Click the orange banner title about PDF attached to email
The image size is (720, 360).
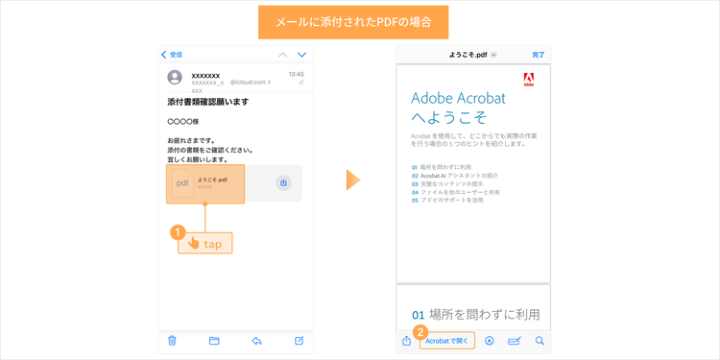[x=360, y=22]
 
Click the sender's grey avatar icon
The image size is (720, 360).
[x=176, y=78]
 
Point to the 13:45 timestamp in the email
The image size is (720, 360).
[x=297, y=74]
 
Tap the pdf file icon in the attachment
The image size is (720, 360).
[x=182, y=183]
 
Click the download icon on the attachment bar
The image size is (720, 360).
[x=284, y=182]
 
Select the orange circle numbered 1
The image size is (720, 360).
[x=177, y=231]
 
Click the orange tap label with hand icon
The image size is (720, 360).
[x=205, y=244]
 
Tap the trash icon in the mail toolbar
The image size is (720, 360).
[x=172, y=340]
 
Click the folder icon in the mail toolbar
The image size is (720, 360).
[x=214, y=340]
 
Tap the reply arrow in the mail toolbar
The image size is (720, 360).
[x=256, y=340]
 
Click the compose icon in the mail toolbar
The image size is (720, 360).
[x=300, y=340]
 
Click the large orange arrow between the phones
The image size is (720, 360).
[x=354, y=180]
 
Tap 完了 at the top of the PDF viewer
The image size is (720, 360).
[x=539, y=55]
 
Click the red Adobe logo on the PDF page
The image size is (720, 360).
[x=529, y=80]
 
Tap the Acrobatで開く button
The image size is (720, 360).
[x=447, y=340]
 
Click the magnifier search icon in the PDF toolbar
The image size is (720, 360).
[x=540, y=340]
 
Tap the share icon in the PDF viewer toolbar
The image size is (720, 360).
[x=406, y=340]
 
